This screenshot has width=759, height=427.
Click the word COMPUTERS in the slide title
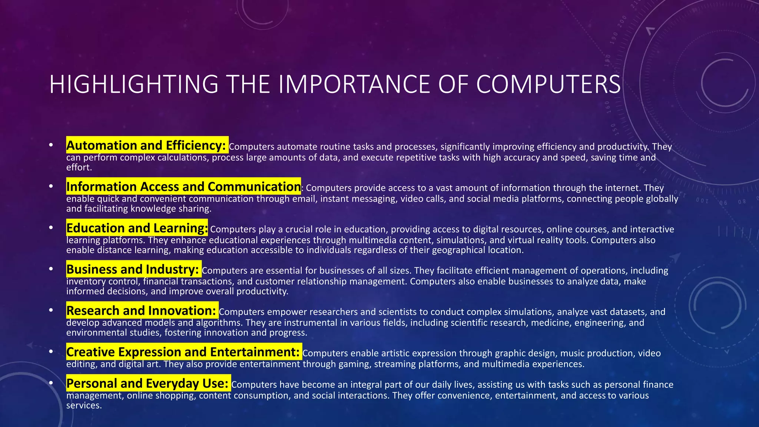(548, 84)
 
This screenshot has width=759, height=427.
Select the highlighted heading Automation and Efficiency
(147, 145)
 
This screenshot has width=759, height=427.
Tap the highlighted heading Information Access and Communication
(183, 186)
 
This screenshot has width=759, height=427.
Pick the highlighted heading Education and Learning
(137, 228)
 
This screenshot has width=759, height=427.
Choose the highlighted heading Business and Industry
(133, 269)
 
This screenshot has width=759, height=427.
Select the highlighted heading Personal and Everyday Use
(148, 383)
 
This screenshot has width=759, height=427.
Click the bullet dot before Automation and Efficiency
(51, 145)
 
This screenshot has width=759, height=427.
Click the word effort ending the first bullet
(78, 168)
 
